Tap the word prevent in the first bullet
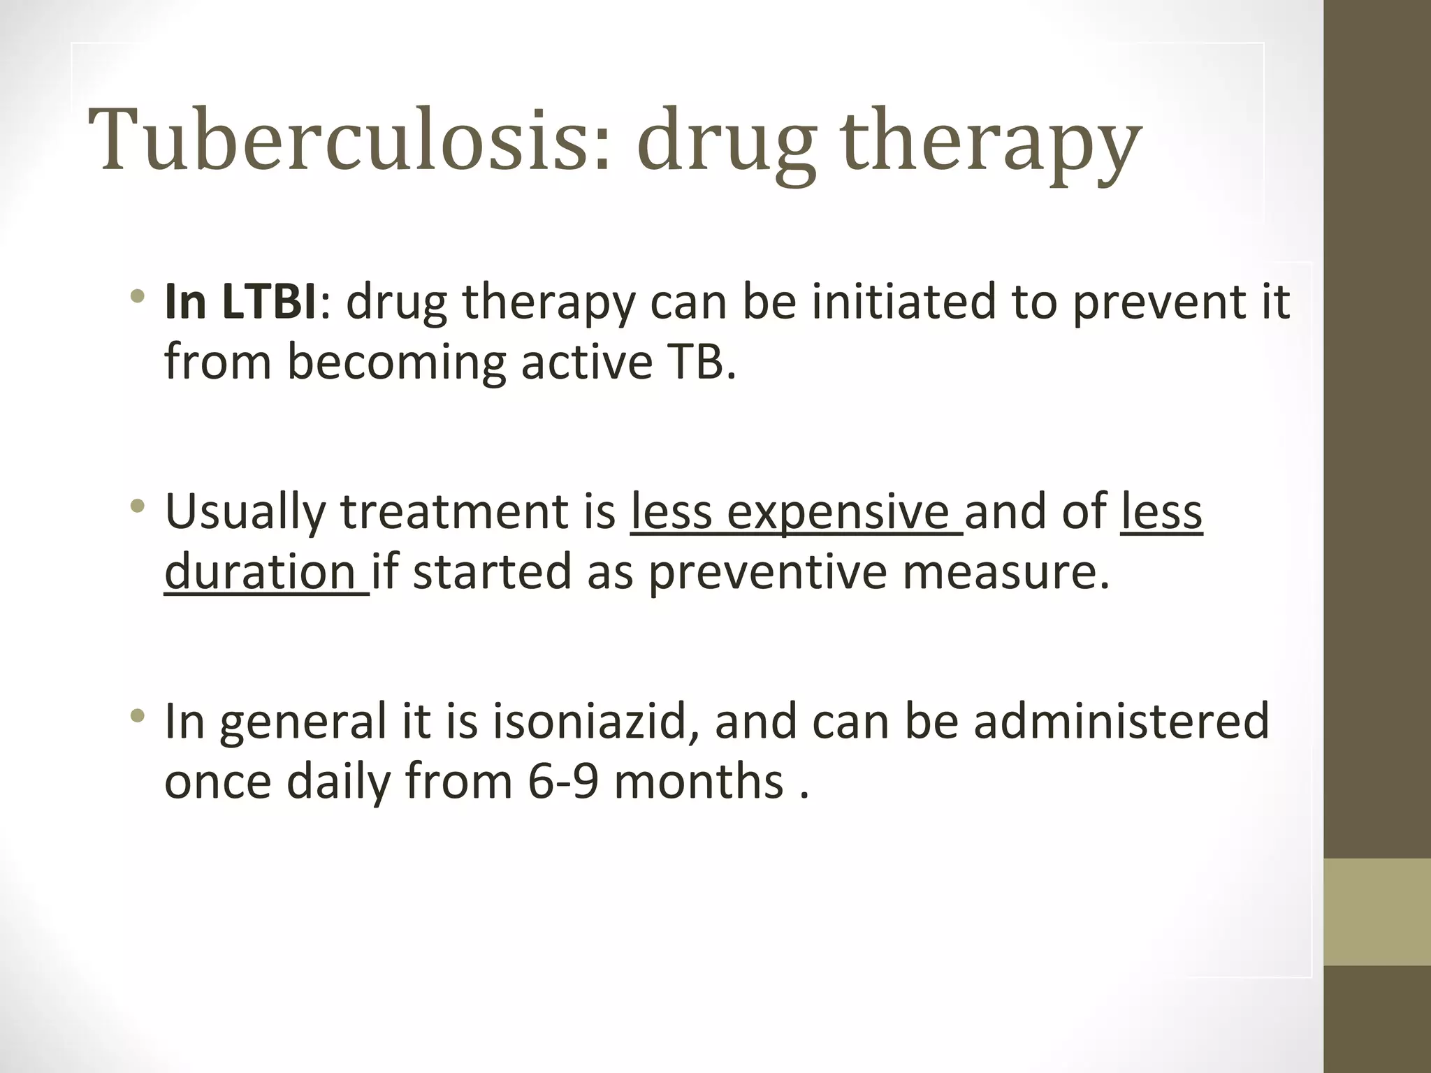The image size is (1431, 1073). (1152, 302)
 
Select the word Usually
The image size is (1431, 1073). (245, 511)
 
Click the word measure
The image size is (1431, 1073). (1005, 571)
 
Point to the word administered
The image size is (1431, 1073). (1121, 721)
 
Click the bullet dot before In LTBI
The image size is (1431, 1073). (138, 296)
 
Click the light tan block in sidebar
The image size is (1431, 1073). (1377, 912)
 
